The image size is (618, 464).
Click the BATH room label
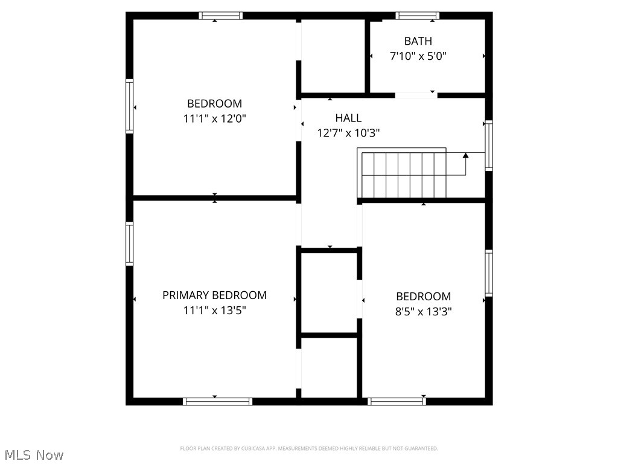(x=418, y=41)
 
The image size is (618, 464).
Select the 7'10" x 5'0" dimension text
(x=418, y=56)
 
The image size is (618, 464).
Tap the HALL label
(x=348, y=118)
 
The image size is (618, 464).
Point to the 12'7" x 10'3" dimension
(x=348, y=133)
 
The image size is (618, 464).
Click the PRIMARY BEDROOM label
(x=214, y=295)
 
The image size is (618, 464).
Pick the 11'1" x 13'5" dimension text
(x=214, y=311)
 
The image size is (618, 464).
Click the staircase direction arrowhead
(x=465, y=155)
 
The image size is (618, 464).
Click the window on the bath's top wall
(x=417, y=16)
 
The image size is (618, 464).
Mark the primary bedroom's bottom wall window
(x=217, y=401)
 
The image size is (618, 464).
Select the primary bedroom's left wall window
(x=129, y=243)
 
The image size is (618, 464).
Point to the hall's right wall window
(x=489, y=145)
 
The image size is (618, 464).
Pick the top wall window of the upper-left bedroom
(x=221, y=16)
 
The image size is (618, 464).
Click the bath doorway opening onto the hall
(x=416, y=95)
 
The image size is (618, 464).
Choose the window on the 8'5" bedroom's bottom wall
(x=397, y=401)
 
